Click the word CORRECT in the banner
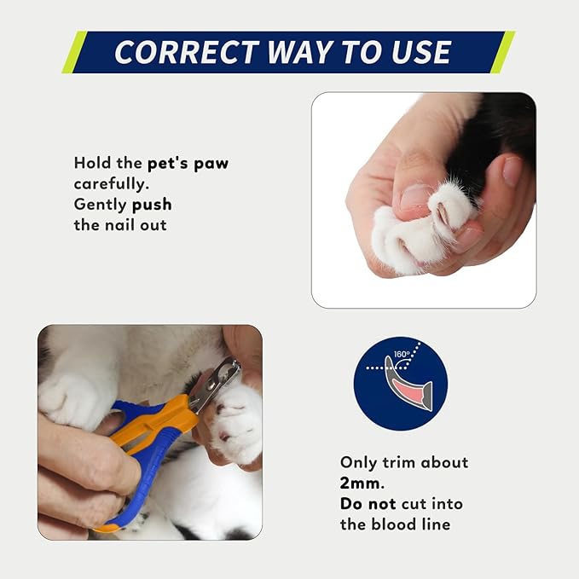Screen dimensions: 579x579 pos(187,52)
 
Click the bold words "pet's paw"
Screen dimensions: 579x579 pos(188,164)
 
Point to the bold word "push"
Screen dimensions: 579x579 pos(152,206)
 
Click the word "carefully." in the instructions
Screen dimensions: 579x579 pos(112,184)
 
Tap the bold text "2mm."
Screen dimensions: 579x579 pos(362,483)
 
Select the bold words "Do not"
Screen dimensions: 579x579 pos(368,504)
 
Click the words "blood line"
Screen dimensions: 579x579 pos(411,524)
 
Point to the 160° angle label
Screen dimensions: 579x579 pos(402,355)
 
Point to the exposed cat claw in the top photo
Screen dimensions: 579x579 pos(443,215)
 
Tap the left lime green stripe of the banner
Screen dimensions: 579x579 pos(74,52)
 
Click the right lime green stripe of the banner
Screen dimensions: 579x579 pos(502,52)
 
